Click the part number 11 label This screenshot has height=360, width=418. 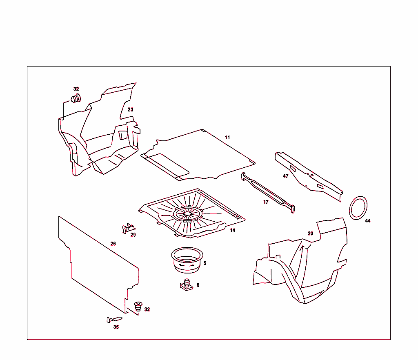click(x=227, y=138)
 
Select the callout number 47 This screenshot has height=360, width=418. click(x=286, y=176)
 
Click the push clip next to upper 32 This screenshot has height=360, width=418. click(x=76, y=98)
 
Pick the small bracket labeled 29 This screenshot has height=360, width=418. click(x=128, y=227)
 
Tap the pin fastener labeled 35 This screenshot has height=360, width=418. click(x=114, y=319)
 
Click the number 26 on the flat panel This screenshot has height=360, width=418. click(x=113, y=244)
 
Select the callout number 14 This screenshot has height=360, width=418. click(x=232, y=230)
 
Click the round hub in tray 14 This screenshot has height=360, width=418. click(x=187, y=213)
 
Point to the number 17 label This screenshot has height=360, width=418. click(x=266, y=202)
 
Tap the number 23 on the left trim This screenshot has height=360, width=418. click(x=130, y=109)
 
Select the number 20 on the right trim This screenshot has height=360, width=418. click(x=310, y=233)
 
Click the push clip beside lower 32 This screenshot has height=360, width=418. click(x=138, y=307)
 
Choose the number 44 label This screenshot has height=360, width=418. click(x=368, y=220)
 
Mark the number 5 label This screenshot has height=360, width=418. click(x=205, y=263)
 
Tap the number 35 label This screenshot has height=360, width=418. click(x=116, y=327)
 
